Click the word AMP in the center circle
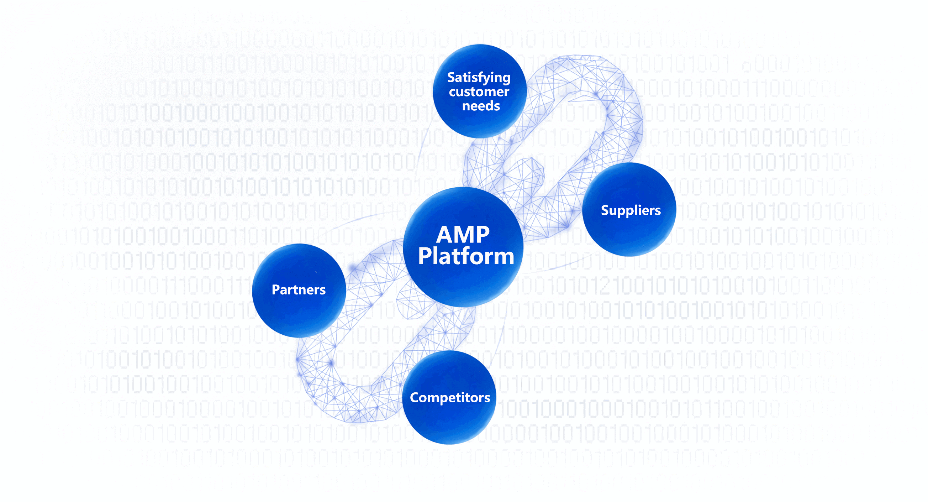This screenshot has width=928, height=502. point(463,235)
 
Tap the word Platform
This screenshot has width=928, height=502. point(466,256)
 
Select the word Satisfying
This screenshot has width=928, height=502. point(479,78)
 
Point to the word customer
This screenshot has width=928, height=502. point(479,92)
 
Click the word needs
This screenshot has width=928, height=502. point(481,106)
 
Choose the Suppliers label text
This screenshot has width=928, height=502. point(631,210)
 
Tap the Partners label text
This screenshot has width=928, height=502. point(299,290)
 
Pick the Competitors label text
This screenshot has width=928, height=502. point(450,397)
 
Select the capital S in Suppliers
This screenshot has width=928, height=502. point(605,210)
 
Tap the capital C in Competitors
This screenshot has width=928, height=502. point(415,397)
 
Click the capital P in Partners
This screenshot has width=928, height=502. point(276,290)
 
